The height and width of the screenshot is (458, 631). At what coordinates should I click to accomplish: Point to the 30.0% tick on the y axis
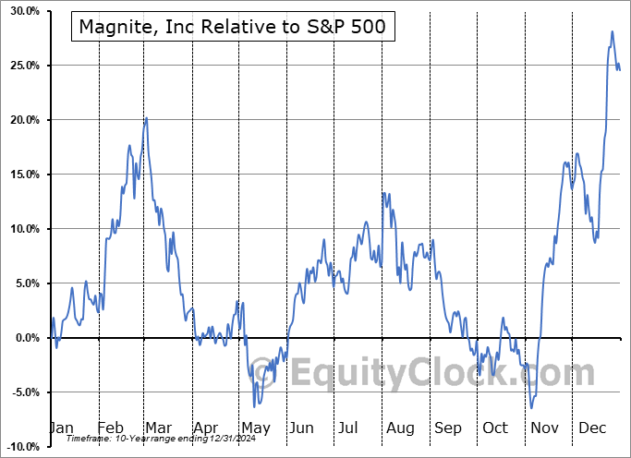pyautogui.click(x=20, y=11)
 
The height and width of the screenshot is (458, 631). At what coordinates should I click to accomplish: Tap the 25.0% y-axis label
pyautogui.click(x=20, y=66)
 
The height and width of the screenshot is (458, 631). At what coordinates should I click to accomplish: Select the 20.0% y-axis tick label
pyautogui.click(x=20, y=120)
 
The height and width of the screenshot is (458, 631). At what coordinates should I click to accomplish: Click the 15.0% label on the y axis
pyautogui.click(x=20, y=175)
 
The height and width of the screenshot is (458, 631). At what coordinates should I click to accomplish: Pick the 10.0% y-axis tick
pyautogui.click(x=20, y=229)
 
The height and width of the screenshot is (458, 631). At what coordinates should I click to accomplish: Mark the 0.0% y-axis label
pyautogui.click(x=23, y=338)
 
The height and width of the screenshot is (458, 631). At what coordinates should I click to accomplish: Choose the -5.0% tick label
pyautogui.click(x=21, y=392)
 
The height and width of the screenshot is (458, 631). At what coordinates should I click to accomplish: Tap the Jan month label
pyautogui.click(x=60, y=428)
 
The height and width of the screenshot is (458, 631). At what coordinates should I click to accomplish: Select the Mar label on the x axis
pyautogui.click(x=158, y=428)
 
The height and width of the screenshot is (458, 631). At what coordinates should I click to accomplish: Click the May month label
pyautogui.click(x=255, y=428)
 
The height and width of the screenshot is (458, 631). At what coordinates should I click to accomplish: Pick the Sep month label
pyautogui.click(x=448, y=428)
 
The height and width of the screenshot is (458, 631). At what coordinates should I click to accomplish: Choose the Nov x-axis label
pyautogui.click(x=545, y=428)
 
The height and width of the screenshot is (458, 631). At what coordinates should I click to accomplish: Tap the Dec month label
pyautogui.click(x=592, y=428)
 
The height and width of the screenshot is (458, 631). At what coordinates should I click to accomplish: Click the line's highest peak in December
pyautogui.click(x=612, y=31)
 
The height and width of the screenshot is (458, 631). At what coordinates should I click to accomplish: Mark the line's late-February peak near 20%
pyautogui.click(x=146, y=118)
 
